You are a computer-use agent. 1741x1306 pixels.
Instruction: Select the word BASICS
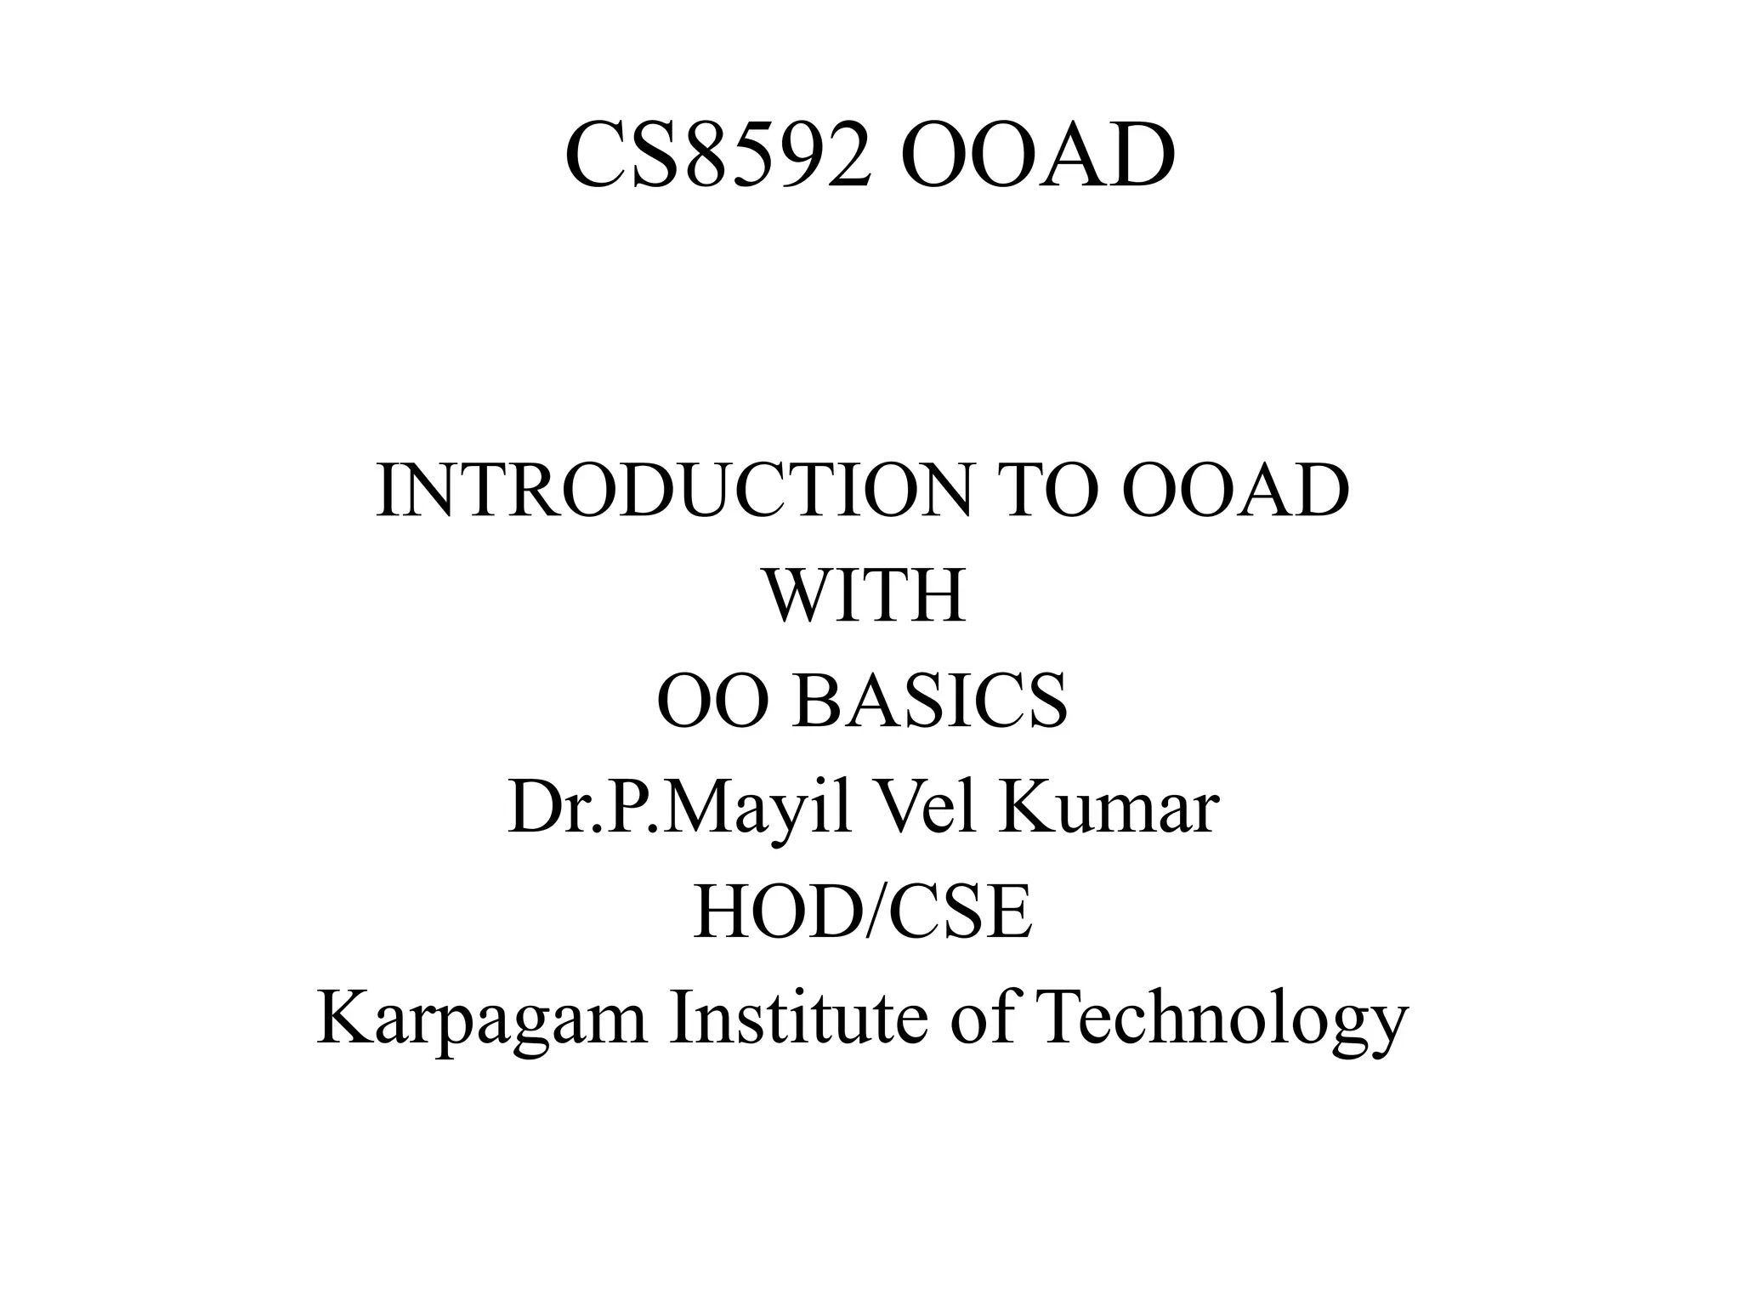929,701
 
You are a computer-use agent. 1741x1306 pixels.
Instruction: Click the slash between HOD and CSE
867,913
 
